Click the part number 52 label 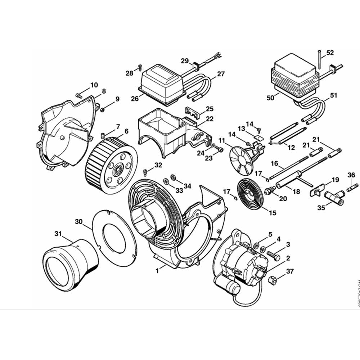[x=330, y=53]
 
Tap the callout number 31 [x=58, y=234]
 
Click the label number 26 [x=135, y=99]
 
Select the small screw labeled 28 [x=140, y=67]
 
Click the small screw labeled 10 [x=79, y=95]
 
